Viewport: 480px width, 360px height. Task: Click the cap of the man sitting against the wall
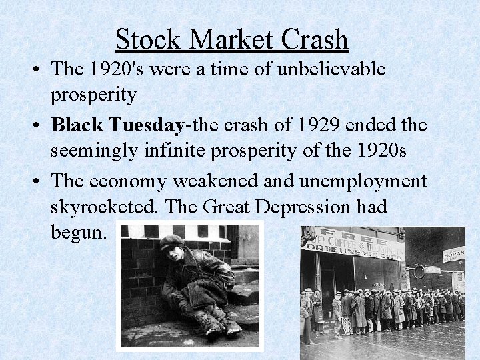[x=173, y=241]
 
